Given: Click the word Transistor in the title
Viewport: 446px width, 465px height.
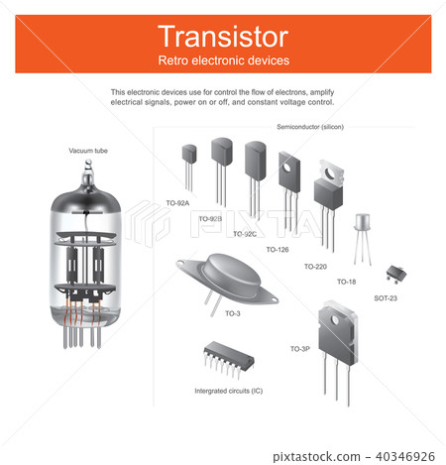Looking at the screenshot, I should click(x=223, y=38).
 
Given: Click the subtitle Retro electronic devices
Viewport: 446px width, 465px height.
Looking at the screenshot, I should click(x=223, y=60).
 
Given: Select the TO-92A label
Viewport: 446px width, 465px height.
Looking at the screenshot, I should click(x=177, y=202).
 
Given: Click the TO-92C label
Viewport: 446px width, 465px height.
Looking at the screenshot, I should click(x=245, y=234).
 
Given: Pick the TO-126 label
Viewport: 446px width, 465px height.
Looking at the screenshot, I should click(x=278, y=250).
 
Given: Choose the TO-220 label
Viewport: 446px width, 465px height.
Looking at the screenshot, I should click(x=315, y=267).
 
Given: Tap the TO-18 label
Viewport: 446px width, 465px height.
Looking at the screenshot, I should click(x=346, y=282).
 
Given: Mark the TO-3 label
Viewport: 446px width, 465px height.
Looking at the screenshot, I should click(x=232, y=313).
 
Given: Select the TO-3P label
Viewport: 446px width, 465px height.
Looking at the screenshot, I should click(x=299, y=349).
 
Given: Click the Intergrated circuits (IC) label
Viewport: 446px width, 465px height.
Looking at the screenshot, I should click(x=229, y=391).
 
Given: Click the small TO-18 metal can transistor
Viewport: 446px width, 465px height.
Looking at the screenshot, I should click(x=364, y=224).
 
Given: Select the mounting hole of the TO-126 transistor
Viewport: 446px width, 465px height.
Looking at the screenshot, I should click(x=290, y=168).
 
